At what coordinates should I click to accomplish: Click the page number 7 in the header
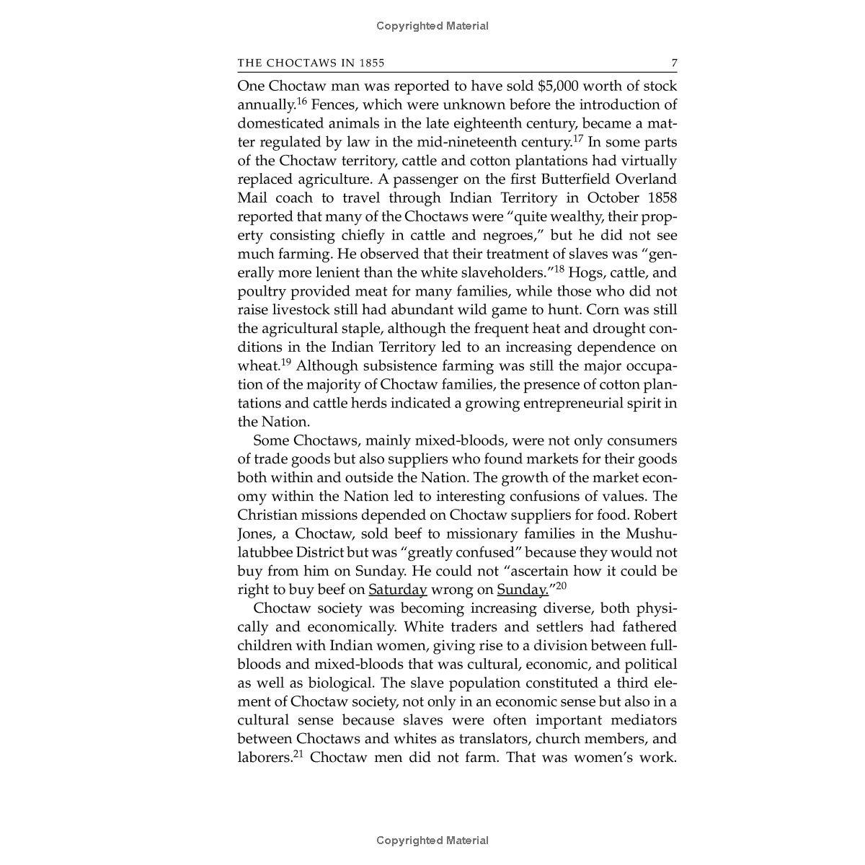674,63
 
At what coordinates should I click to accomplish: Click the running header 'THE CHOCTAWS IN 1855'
311,63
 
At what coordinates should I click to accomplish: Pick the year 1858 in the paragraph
657,198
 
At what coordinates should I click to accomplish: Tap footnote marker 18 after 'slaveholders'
558,270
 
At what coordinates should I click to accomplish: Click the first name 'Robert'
655,515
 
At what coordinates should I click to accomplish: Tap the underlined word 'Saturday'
398,590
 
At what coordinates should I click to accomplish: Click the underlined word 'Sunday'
521,590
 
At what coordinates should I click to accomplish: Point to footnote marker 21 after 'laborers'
298,754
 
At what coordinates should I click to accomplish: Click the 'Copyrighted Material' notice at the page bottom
432,840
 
